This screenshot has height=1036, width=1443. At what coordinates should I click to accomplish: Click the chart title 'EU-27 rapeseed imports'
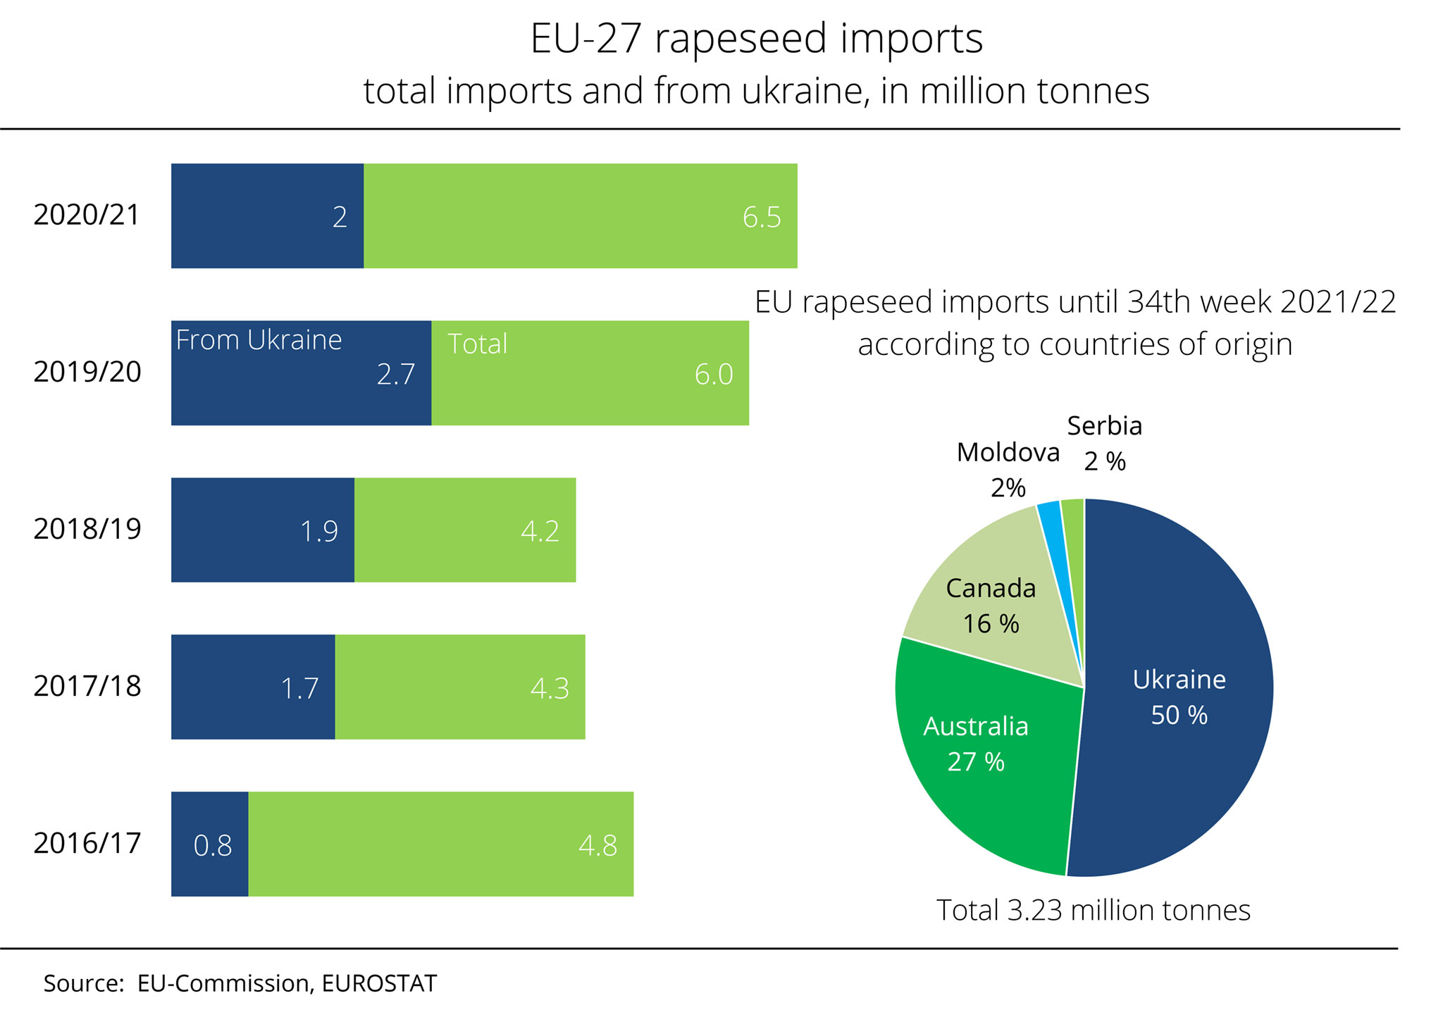point(756,39)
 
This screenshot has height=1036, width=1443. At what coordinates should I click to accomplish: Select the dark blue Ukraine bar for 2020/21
point(267,216)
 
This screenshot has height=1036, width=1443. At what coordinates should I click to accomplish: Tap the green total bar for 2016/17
point(440,844)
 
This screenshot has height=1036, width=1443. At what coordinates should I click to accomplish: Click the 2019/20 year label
point(87,372)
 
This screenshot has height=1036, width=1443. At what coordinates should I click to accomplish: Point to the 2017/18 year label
point(87,686)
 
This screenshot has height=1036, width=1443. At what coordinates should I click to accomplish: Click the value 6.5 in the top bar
point(761,217)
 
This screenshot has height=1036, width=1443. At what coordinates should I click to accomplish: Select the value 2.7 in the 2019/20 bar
point(395,374)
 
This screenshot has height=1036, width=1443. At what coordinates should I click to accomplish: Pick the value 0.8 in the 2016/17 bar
point(212,845)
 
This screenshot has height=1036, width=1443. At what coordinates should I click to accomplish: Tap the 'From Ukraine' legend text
point(259,340)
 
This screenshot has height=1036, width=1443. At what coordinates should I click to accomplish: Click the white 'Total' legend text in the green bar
point(477,344)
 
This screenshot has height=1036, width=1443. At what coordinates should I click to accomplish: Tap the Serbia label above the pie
point(1104,426)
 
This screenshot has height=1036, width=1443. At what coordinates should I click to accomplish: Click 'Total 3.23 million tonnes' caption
point(1093,911)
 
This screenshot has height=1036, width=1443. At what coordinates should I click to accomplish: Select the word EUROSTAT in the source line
point(379,983)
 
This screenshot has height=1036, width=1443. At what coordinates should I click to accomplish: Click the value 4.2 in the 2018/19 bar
point(540,531)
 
